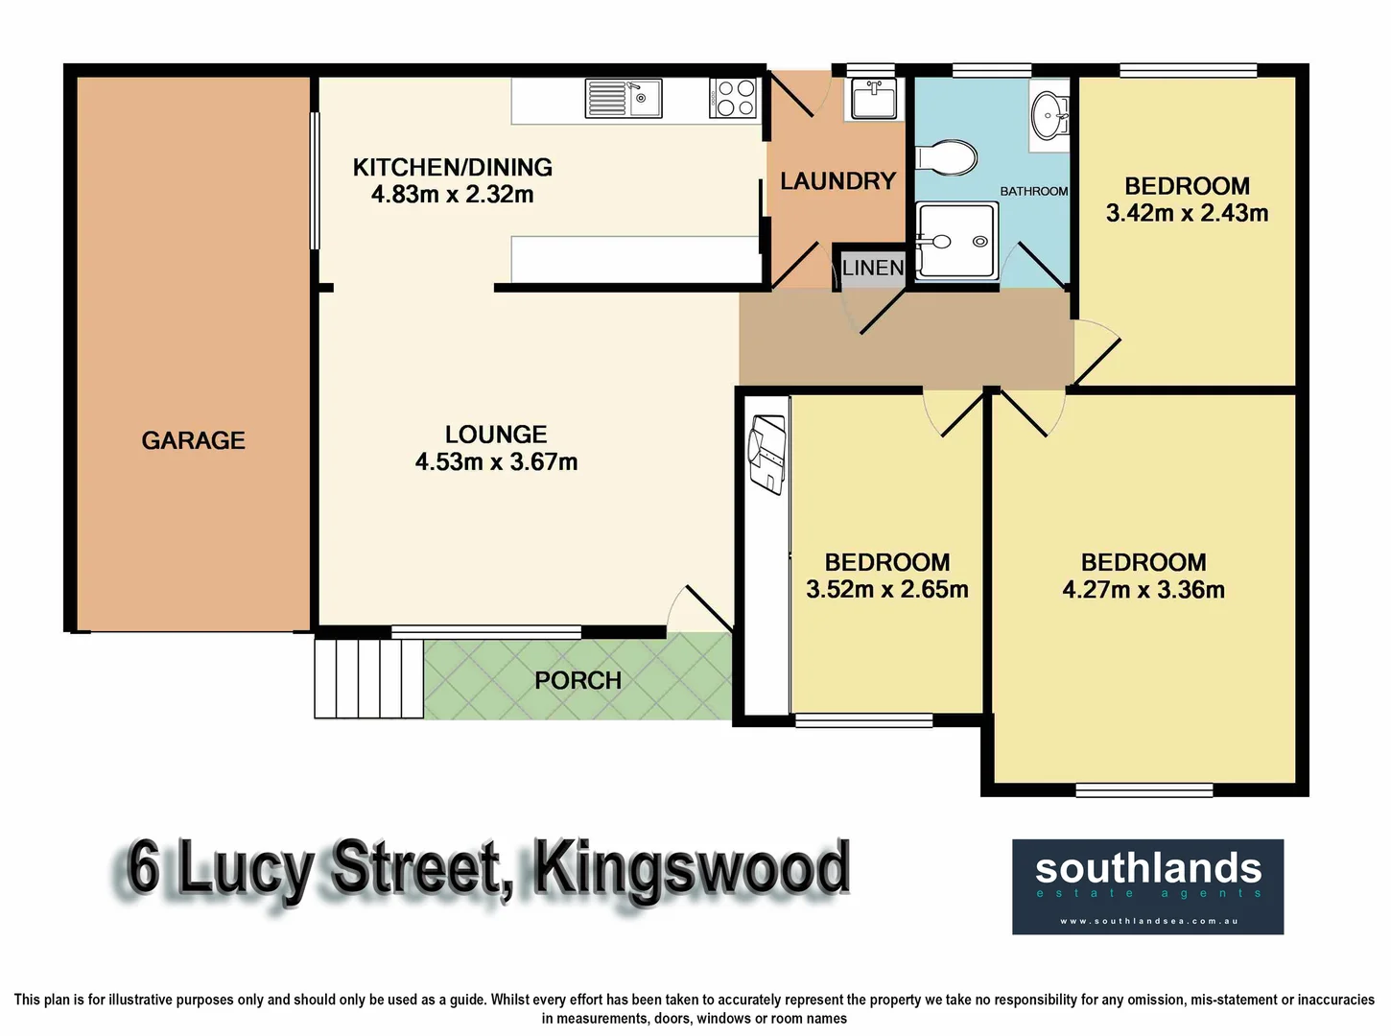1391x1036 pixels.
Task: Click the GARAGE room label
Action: coord(193,440)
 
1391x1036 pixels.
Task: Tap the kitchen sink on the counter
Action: coord(623,98)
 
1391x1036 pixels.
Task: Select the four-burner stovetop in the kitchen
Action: coord(733,98)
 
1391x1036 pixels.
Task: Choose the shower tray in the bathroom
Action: coord(955,240)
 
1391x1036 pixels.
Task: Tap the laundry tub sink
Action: coord(873,98)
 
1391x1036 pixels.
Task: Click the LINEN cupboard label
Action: coord(872,268)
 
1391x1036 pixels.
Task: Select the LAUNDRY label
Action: coord(837,180)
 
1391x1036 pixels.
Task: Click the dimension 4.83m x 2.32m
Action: coord(452,195)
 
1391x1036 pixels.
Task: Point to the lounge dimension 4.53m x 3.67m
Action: coord(496,462)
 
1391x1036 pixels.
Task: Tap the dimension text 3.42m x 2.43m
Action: coord(1187,213)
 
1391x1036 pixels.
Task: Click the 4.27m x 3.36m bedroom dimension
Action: coord(1143,590)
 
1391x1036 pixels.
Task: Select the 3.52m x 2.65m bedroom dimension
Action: coord(886,590)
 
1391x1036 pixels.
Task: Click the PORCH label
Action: coord(578,680)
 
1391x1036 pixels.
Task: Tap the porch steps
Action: coord(368,678)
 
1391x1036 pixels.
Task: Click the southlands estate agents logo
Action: coord(1147,886)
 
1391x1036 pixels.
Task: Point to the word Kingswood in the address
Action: coord(691,869)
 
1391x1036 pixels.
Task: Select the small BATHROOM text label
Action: coord(1033,191)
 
